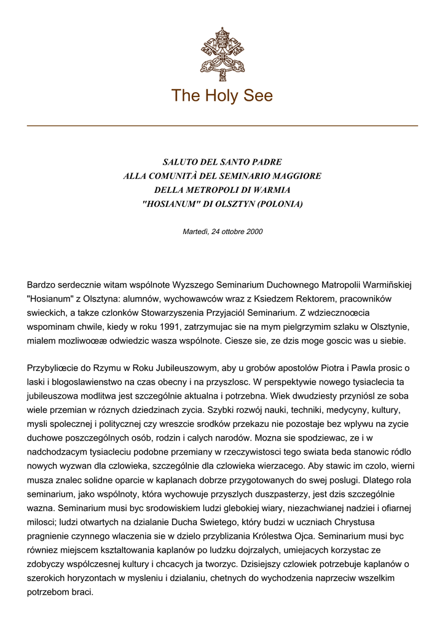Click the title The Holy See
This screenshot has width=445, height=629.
pos(222,96)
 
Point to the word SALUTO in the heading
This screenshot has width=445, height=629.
pos(178,162)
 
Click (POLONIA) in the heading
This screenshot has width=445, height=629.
pos(276,204)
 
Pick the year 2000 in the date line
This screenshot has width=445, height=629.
pos(254,232)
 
